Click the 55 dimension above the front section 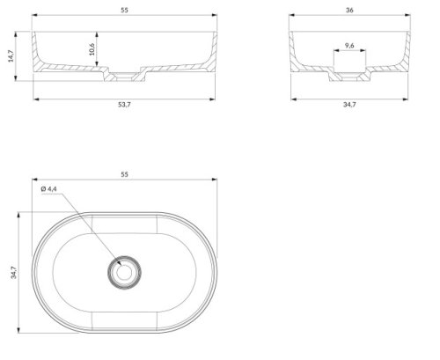tap(124, 11)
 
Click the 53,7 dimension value tap(124, 105)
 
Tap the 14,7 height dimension tap(11, 56)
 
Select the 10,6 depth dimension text tap(92, 49)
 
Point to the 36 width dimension tap(349, 11)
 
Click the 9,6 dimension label tap(349, 46)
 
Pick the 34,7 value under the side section tap(349, 105)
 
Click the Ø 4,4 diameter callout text tap(49, 189)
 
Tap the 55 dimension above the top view tap(124, 174)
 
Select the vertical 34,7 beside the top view tap(14, 272)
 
